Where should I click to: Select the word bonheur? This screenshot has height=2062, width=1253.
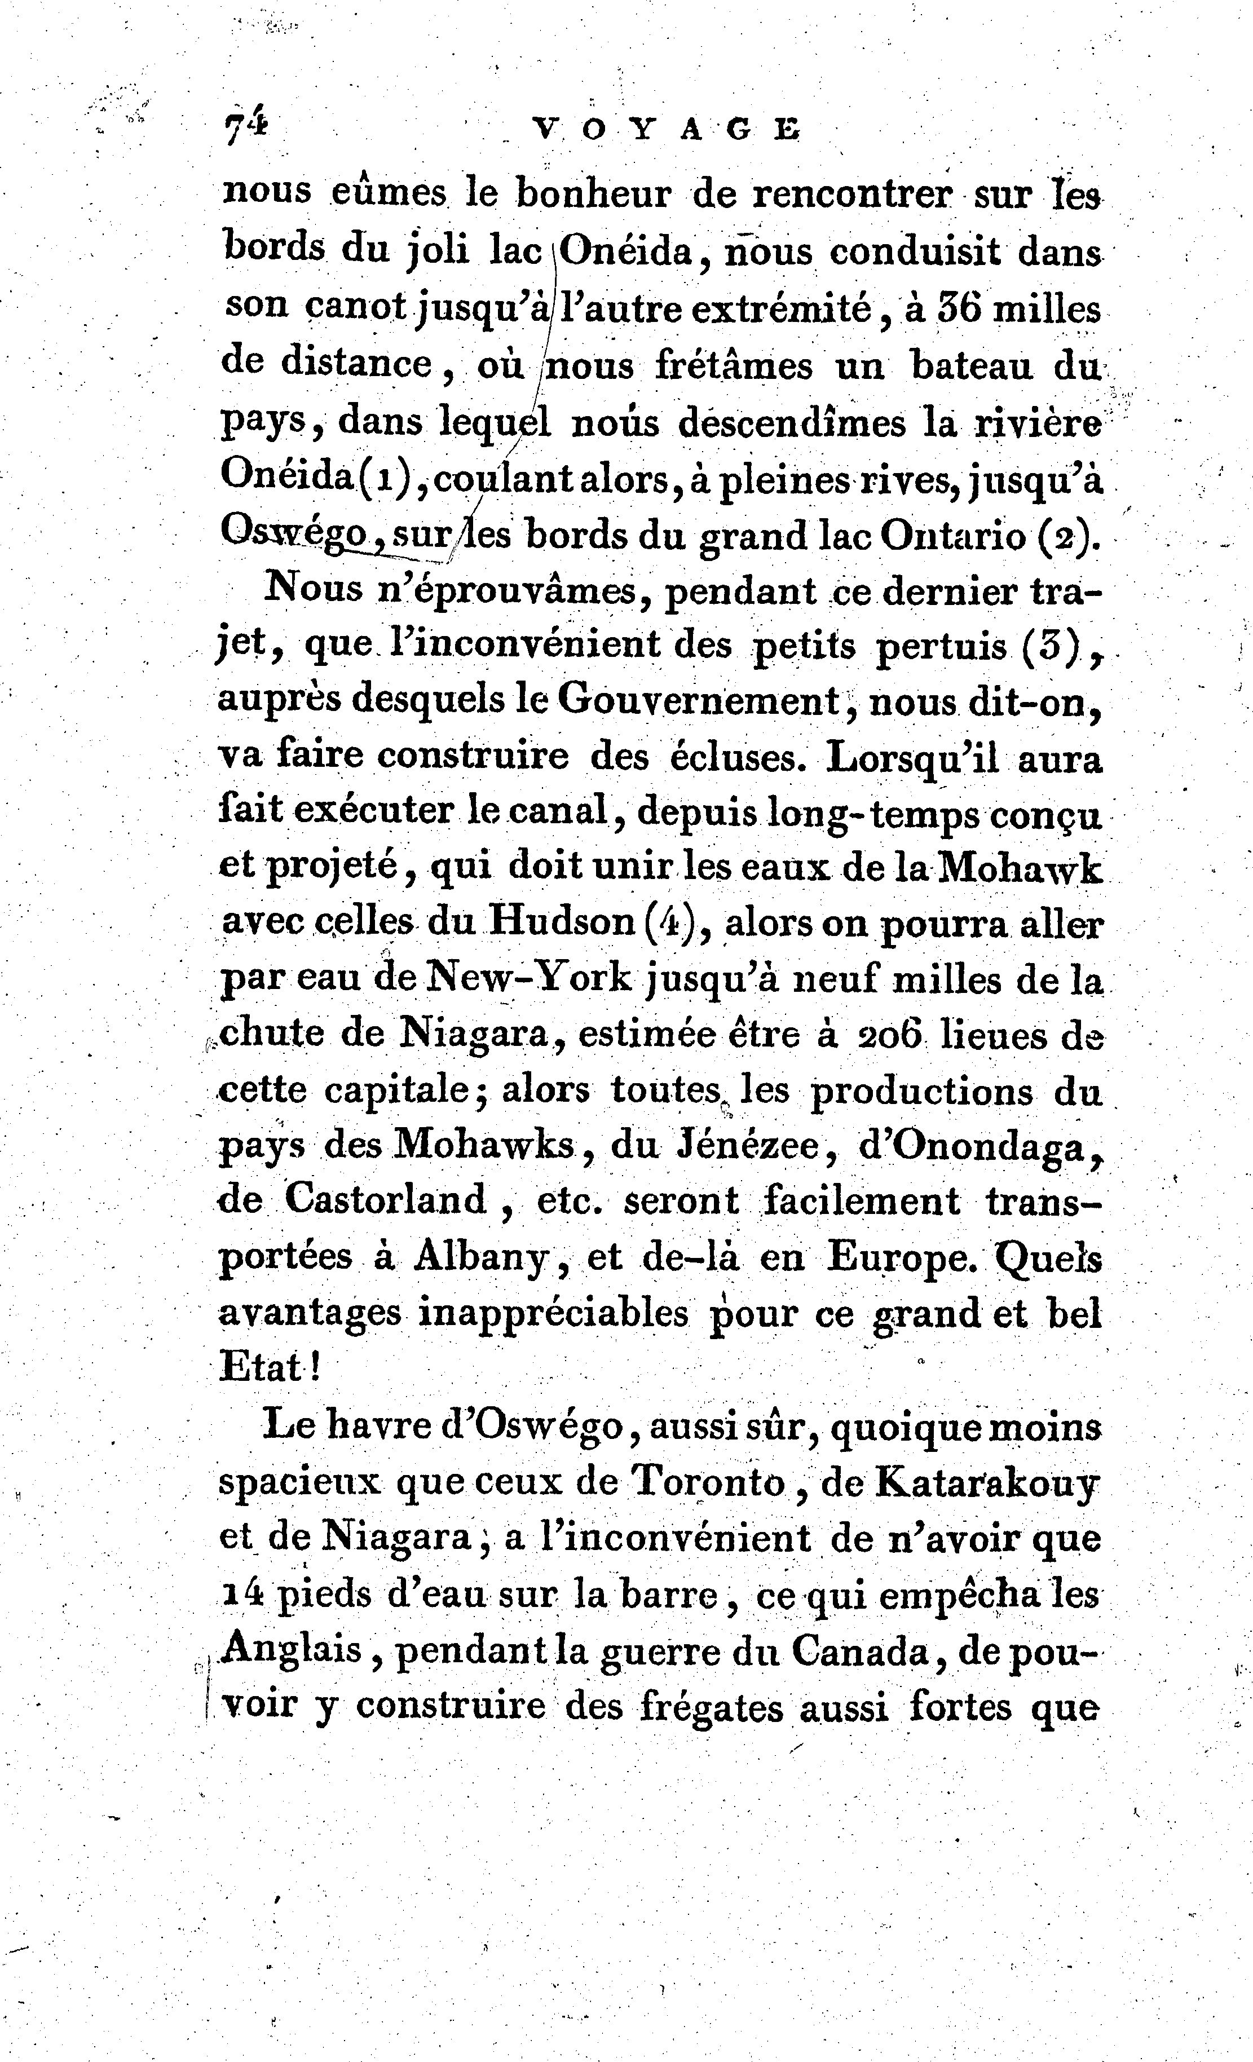(x=593, y=193)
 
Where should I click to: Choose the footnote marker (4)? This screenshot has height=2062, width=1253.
(x=671, y=922)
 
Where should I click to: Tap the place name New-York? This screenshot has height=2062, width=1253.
(x=529, y=978)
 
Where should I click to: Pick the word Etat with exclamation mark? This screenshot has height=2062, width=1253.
(x=270, y=1368)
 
